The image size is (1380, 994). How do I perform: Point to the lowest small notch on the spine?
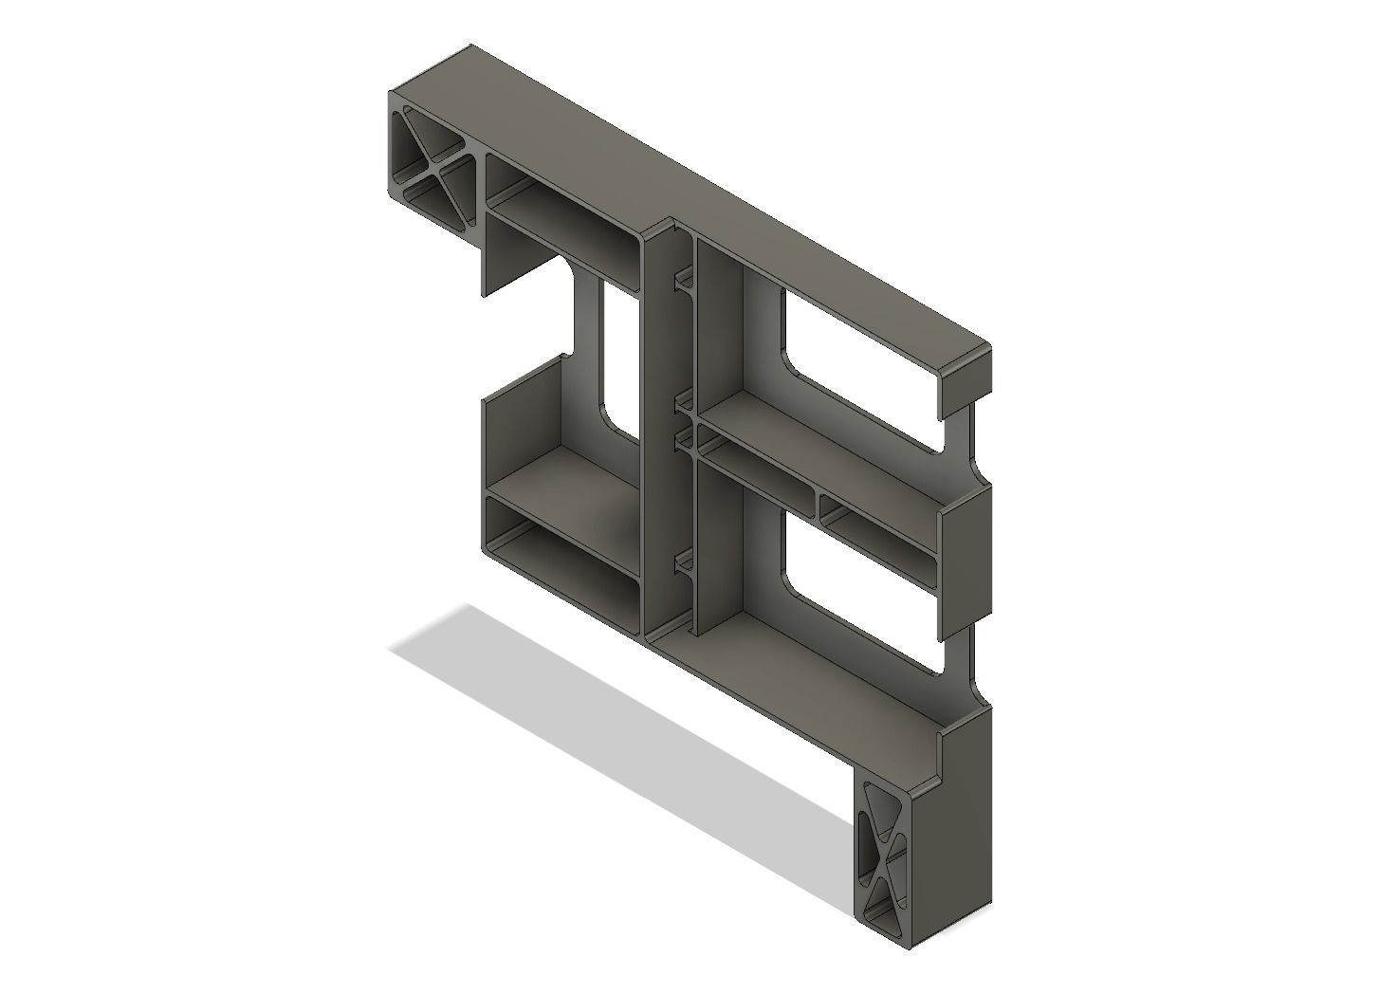[x=682, y=566]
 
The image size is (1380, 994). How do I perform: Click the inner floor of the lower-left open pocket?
[x=569, y=484]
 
